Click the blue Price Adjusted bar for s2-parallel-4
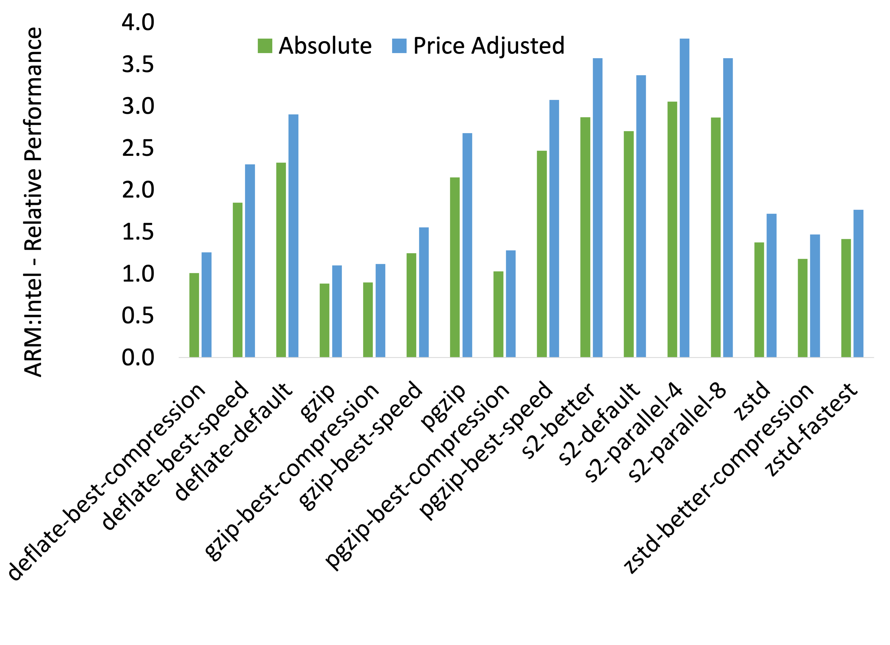pos(684,198)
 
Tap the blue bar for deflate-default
pos(294,236)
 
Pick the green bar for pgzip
pos(455,267)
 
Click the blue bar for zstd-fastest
pos(858,283)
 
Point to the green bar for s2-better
pos(585,237)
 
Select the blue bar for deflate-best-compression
pos(206,304)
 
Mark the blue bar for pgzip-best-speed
pos(554,228)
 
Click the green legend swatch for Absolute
pos(265,46)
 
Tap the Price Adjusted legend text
pos(489,46)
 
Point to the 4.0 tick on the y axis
pos(138,22)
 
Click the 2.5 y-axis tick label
pos(138,148)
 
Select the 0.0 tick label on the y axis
pos(138,358)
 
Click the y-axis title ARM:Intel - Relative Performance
pos(33,202)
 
